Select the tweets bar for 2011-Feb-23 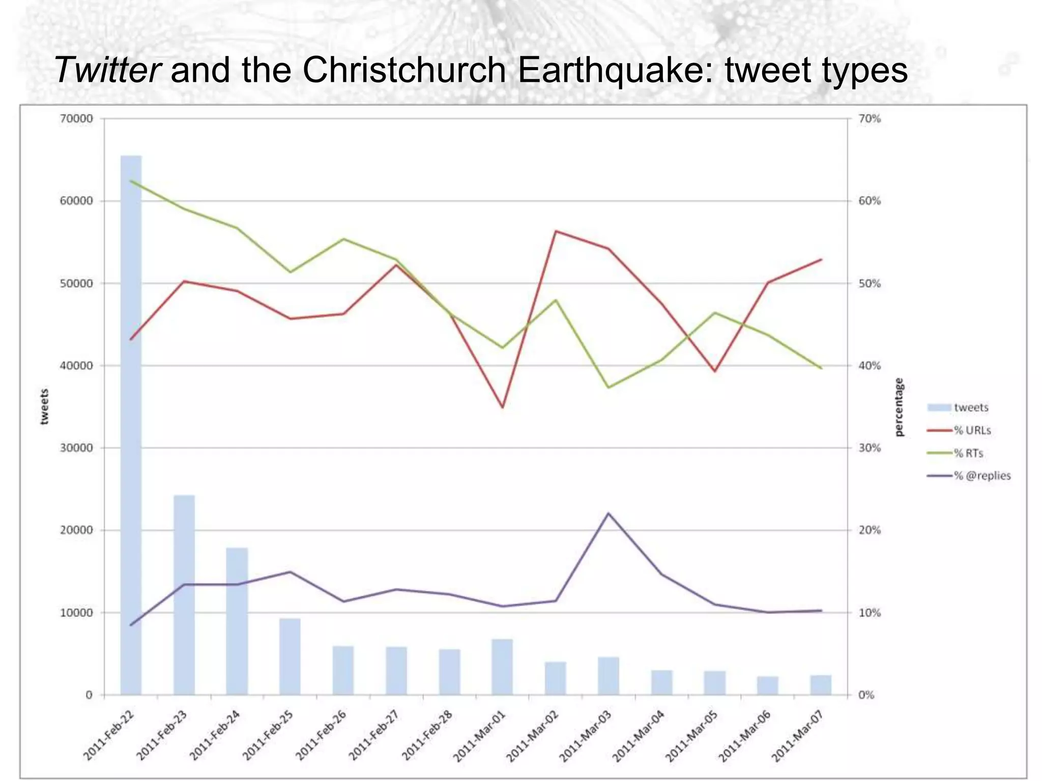[x=184, y=594]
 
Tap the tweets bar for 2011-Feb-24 [x=237, y=621]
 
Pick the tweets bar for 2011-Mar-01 [x=502, y=667]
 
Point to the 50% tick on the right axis [x=870, y=283]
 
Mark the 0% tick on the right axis [x=866, y=695]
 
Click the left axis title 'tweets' [x=45, y=406]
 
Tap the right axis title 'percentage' [x=899, y=407]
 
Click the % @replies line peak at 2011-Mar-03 [x=609, y=514]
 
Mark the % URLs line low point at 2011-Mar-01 [x=502, y=407]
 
